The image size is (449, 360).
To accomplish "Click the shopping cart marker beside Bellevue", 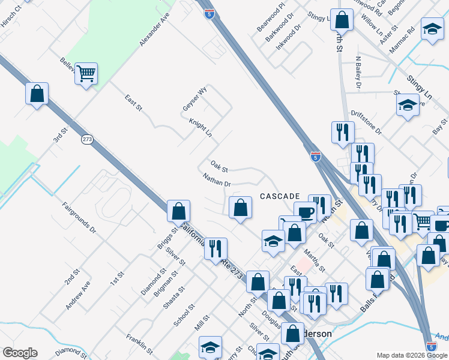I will tap(86, 74).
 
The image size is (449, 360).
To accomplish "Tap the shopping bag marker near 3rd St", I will tap(37, 94).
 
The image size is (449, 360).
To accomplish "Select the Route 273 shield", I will tap(88, 139).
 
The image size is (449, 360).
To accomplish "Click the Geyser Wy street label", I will tap(195, 99).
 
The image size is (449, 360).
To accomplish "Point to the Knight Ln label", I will tap(201, 127).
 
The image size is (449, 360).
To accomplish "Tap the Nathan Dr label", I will tap(217, 179).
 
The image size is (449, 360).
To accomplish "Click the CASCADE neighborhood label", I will tap(280, 196).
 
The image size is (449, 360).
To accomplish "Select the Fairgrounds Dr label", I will tap(79, 217).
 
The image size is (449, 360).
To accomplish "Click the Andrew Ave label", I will tap(78, 296).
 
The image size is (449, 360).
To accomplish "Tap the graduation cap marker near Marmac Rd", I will tap(432, 29).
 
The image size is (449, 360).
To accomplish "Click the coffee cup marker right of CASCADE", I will tap(305, 212).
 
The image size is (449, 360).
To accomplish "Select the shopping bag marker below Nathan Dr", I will tap(240, 208).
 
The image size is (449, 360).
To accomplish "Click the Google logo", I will tap(20, 353).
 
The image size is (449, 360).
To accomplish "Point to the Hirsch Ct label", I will tap(11, 9).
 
